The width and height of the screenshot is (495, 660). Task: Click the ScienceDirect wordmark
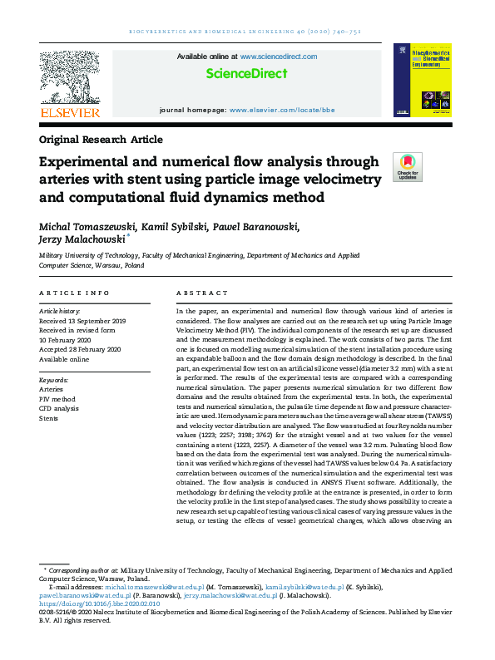(246, 73)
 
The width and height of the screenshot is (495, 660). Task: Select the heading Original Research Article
(101, 139)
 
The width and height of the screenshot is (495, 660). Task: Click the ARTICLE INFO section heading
(74, 293)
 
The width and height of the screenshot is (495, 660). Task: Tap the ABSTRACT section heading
(202, 293)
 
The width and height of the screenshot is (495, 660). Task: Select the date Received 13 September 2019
(83, 320)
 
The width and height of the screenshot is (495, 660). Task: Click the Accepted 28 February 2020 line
(81, 350)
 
